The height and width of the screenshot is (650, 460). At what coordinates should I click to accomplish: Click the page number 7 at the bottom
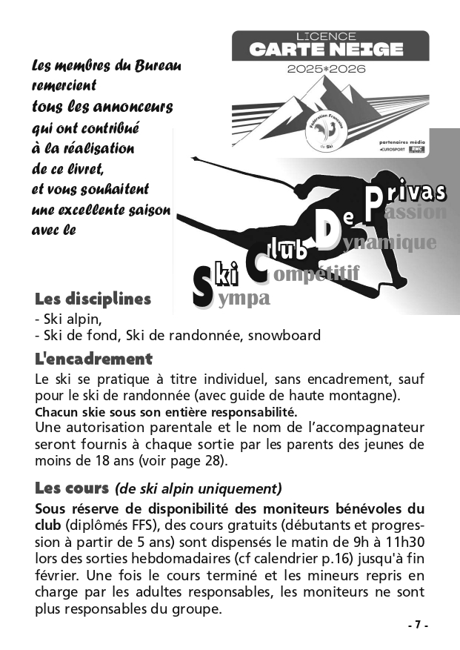[418, 625]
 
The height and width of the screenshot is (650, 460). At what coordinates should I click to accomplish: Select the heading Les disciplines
[93, 299]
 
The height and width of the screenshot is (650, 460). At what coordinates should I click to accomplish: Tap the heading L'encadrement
[93, 359]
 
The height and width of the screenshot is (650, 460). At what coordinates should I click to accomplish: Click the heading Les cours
[71, 488]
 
